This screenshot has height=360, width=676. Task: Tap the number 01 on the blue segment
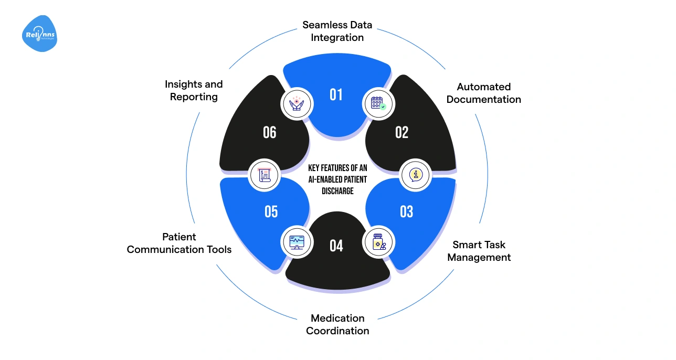[336, 94]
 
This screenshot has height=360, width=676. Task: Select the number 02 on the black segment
[402, 132]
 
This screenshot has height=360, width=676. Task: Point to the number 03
[406, 211]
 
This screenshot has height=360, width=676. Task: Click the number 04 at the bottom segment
[336, 246]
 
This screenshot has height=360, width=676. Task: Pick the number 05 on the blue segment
[271, 211]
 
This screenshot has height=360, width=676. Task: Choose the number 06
[270, 132]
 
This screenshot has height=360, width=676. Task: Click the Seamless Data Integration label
[337, 31]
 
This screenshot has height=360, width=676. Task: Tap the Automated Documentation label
[483, 93]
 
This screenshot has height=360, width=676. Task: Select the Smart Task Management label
[479, 251]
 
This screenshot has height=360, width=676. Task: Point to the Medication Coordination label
[337, 324]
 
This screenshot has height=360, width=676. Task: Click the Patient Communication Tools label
[179, 243]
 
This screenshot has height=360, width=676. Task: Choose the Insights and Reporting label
[194, 90]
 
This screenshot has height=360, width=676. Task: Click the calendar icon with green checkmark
[379, 103]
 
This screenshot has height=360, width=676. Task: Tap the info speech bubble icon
[416, 175]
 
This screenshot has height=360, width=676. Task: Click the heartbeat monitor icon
[297, 242]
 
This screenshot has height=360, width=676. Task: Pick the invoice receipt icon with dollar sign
[263, 175]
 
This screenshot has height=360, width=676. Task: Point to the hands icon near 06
[297, 103]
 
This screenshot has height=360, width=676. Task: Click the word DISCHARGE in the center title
[337, 191]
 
